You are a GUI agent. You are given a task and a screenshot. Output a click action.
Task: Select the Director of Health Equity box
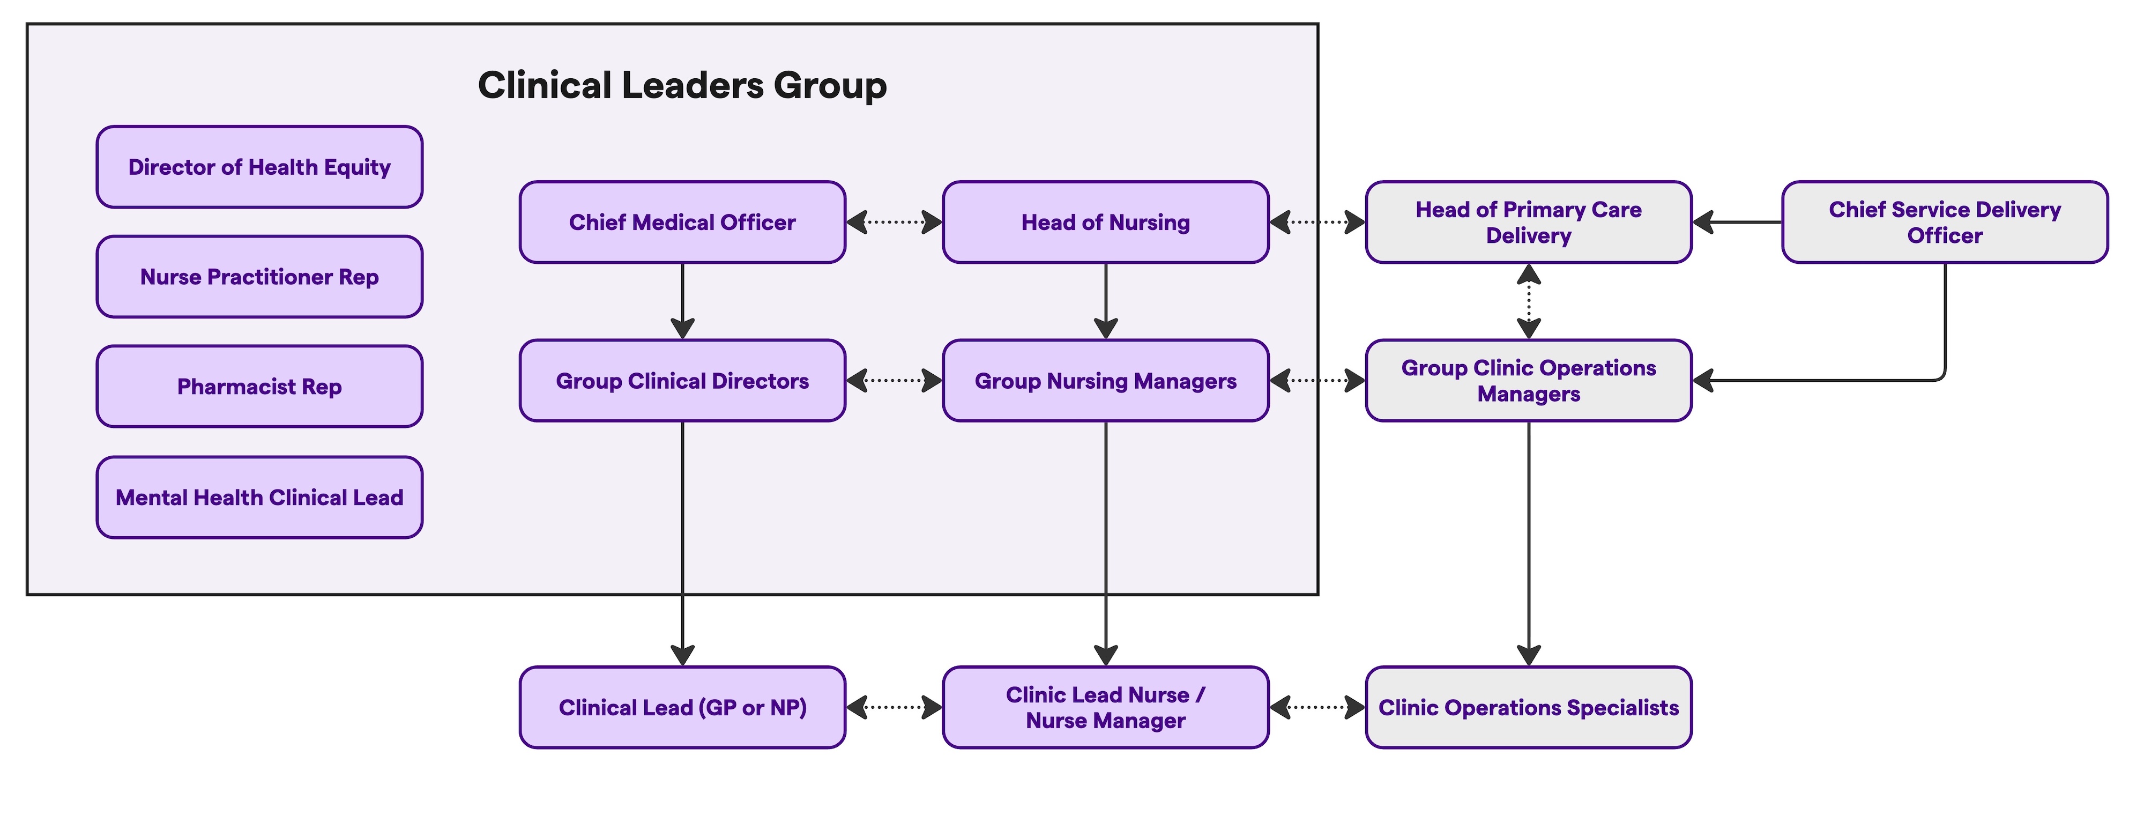click(x=259, y=167)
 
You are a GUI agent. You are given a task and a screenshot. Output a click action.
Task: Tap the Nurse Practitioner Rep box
click(x=259, y=277)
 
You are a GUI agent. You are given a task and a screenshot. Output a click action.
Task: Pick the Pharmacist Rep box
click(x=259, y=387)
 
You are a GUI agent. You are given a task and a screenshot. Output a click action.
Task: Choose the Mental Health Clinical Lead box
click(x=259, y=498)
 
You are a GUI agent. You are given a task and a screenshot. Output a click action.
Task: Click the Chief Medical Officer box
click(x=682, y=223)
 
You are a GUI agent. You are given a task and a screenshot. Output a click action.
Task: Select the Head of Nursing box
click(x=1105, y=223)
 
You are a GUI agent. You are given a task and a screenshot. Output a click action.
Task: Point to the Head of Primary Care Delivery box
click(x=1528, y=223)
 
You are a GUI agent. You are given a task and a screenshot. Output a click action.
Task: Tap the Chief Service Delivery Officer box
click(x=1944, y=223)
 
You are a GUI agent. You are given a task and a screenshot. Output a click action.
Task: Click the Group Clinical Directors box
click(x=682, y=381)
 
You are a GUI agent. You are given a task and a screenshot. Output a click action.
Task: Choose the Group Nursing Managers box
click(x=1105, y=381)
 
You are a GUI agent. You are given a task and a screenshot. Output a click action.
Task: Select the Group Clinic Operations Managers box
click(x=1528, y=381)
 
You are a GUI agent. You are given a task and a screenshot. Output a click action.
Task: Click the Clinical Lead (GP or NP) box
click(x=682, y=708)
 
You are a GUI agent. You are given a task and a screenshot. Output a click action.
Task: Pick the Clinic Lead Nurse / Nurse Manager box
click(x=1105, y=708)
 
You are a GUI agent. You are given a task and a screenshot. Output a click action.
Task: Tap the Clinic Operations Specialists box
click(x=1528, y=708)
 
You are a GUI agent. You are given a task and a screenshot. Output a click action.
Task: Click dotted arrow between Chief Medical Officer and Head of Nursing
click(x=894, y=223)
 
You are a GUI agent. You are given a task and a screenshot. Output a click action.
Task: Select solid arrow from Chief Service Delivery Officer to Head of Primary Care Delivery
click(x=1737, y=223)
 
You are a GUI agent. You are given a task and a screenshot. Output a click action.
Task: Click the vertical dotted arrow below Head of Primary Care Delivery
click(x=1529, y=301)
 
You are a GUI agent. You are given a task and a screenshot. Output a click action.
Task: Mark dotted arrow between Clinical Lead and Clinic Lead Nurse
click(x=894, y=708)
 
